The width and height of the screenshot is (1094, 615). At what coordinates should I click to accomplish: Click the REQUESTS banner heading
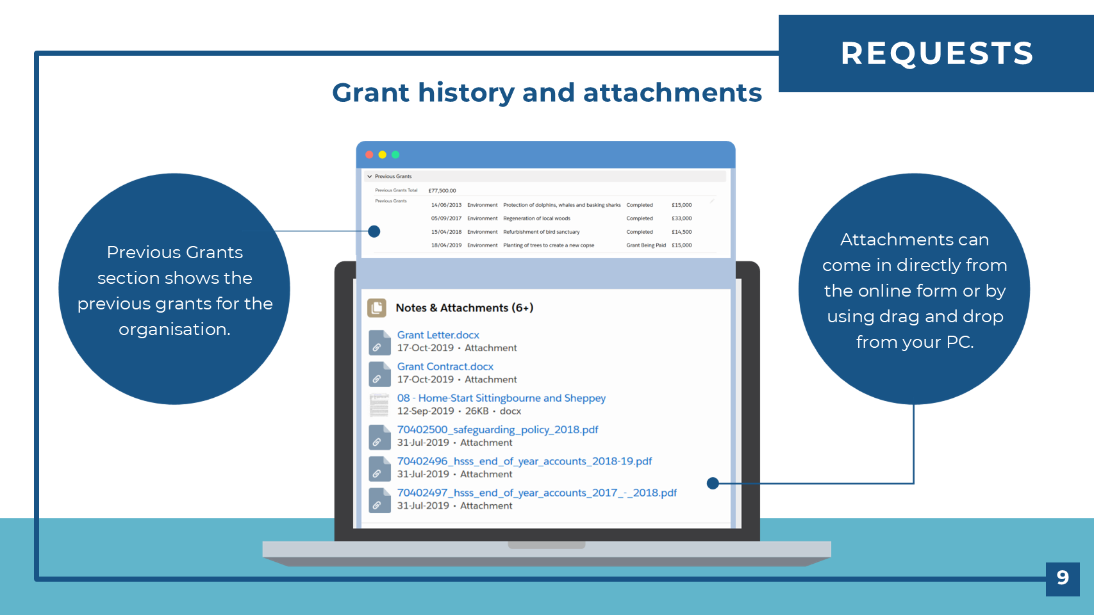coord(937,53)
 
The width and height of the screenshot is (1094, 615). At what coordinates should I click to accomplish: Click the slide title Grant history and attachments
coord(547,93)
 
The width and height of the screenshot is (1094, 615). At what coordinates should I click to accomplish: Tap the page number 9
coord(1063,578)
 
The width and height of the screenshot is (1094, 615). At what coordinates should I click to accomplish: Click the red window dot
coord(369,155)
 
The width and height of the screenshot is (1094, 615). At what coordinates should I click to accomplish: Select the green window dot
coord(395,155)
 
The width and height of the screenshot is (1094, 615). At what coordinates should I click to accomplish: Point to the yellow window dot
coord(383,155)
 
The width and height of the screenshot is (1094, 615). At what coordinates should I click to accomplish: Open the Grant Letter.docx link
coord(438,335)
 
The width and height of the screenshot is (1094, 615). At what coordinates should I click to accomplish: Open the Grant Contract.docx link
coord(445,366)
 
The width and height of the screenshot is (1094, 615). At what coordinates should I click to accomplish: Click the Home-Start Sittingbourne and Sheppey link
coord(502,398)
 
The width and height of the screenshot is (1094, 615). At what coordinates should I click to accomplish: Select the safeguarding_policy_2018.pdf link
coord(498,429)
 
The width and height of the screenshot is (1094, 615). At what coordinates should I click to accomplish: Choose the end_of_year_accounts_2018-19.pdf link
coord(524,461)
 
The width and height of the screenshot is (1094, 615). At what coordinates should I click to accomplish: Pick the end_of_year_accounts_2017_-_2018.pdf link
coord(536,493)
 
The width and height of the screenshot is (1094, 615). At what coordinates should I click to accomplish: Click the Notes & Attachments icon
coord(377,308)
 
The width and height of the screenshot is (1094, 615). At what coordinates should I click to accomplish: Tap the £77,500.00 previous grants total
coord(442,191)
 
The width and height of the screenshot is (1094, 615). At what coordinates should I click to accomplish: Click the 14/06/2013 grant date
coord(447,205)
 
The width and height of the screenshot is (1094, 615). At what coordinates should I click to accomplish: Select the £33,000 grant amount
coord(682,218)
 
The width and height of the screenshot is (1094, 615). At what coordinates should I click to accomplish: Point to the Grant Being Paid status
coord(646,245)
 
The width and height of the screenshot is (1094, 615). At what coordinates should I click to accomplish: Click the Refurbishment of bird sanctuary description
coord(541,233)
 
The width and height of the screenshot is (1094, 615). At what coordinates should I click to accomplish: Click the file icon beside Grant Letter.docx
coord(379,342)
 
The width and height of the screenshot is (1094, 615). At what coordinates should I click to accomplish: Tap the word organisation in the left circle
coord(174,330)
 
